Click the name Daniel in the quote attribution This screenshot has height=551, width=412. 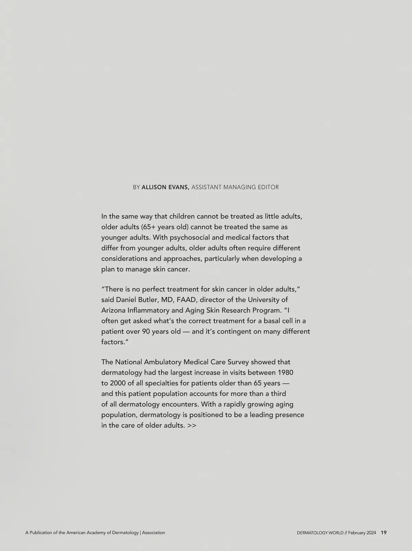click(126, 300)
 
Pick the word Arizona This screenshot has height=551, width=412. click(113, 310)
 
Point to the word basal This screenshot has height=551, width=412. click(273, 321)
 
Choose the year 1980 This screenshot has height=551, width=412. click(285, 373)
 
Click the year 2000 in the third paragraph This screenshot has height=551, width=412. click(118, 383)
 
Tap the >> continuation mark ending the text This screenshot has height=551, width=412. click(192, 425)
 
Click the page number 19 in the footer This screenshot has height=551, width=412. click(384, 533)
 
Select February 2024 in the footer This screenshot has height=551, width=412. click(362, 533)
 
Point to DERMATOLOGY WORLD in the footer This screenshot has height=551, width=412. click(320, 533)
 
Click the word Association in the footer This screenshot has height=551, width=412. click(153, 533)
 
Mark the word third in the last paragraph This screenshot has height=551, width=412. click(278, 394)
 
